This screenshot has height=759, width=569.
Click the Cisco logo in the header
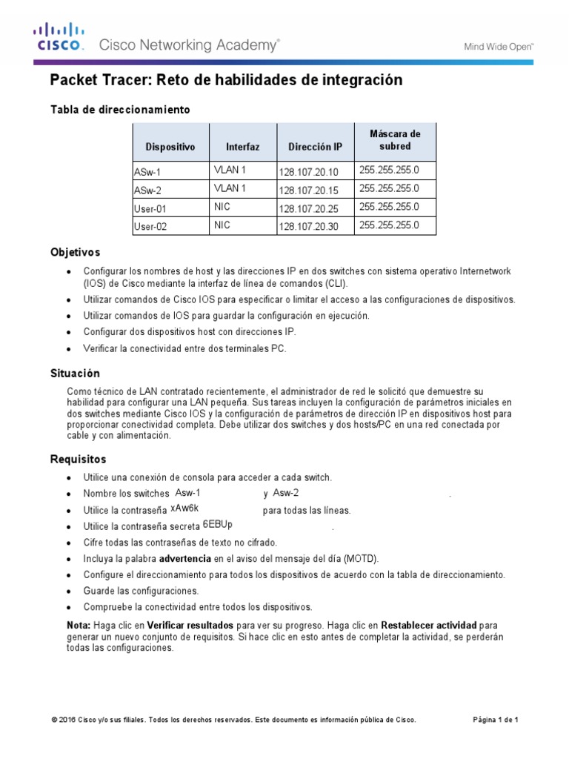point(59,38)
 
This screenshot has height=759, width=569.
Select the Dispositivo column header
point(170,147)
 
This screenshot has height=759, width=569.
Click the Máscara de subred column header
point(394,140)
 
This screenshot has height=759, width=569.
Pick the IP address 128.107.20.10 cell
point(307,172)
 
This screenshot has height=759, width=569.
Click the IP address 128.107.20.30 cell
point(307,227)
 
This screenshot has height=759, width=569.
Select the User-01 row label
point(153,209)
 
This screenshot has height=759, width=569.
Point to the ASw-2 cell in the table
point(147,190)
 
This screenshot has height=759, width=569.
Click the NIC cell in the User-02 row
point(223,224)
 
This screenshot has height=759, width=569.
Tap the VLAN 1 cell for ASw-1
point(230,170)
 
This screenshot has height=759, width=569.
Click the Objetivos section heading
point(75,253)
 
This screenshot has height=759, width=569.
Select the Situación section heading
point(75,374)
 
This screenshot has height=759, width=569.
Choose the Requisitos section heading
point(78,460)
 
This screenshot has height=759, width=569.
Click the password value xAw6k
point(185,508)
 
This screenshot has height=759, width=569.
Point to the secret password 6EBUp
point(217,524)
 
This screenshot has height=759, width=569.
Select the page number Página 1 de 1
point(496,720)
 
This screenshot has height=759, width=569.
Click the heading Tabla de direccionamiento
point(120,110)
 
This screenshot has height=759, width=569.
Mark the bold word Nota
point(79,625)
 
